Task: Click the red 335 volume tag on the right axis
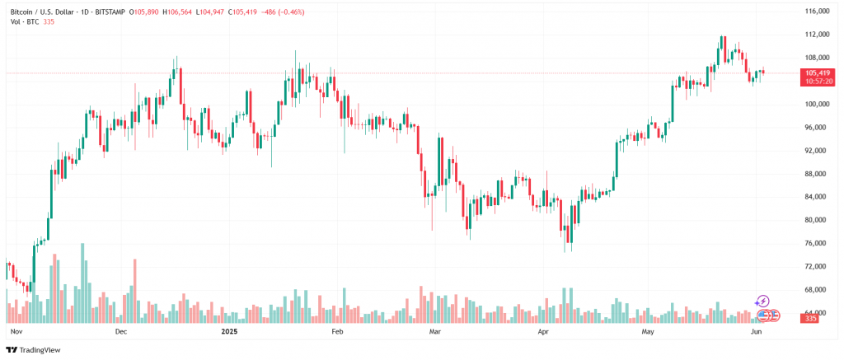click(x=811, y=318)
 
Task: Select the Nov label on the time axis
click(x=15, y=331)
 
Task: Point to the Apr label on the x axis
click(x=542, y=331)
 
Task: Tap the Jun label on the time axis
click(x=756, y=331)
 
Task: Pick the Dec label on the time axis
click(x=120, y=331)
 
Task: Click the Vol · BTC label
click(x=19, y=22)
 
